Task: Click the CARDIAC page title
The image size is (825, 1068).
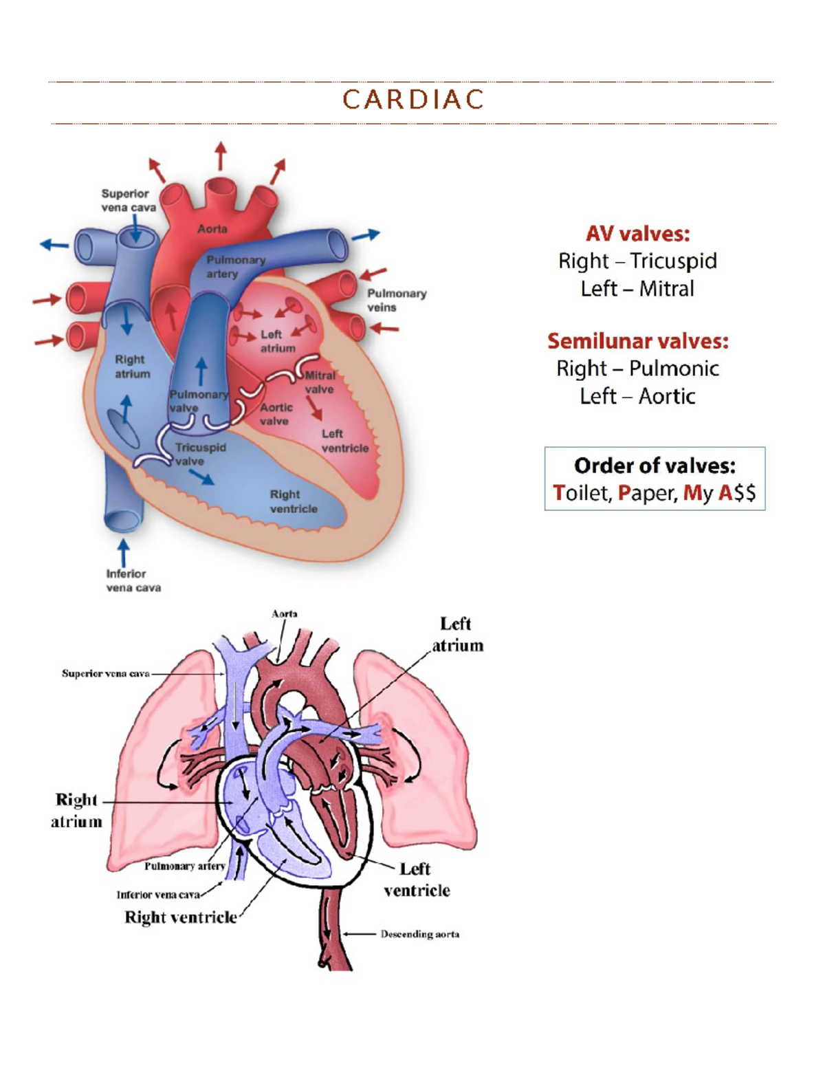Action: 412,99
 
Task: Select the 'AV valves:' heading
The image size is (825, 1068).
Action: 637,233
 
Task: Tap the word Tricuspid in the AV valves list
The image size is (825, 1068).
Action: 673,261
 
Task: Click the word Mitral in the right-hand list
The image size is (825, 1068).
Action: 666,289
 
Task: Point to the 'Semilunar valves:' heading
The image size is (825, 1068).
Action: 638,341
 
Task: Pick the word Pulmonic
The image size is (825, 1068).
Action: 674,369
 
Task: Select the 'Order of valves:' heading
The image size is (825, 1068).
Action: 654,466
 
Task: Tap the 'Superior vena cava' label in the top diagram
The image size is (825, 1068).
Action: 129,201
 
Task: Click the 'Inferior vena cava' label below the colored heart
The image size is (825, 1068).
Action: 133,580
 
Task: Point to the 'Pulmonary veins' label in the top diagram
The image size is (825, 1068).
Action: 397,301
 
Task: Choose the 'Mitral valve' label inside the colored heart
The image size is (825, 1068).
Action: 320,382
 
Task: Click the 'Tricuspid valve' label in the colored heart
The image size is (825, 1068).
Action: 201,454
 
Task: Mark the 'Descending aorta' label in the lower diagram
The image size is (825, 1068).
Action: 419,934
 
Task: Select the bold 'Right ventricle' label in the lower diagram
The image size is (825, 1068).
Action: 180,917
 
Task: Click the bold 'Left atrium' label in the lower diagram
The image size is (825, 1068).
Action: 457,635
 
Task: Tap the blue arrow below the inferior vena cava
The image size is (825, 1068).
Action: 123,553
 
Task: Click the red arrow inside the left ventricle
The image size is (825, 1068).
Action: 313,408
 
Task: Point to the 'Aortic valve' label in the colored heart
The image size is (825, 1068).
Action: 276,414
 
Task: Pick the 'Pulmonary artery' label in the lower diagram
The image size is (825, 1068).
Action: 184,866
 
